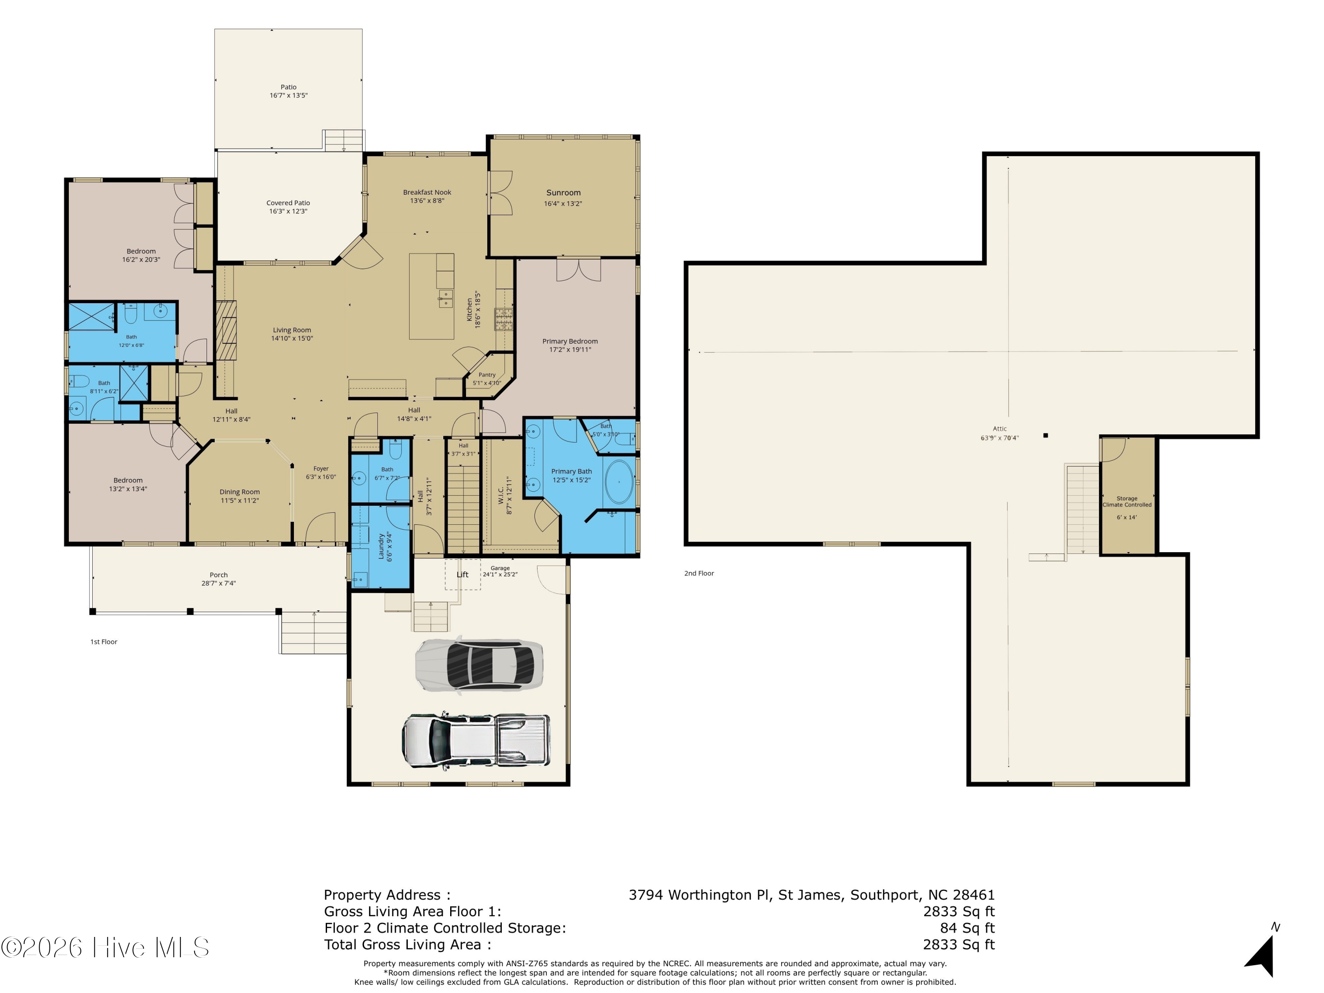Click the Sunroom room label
563,193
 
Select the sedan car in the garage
479,665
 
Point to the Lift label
463,575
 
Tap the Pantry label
487,375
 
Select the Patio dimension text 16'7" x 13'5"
289,95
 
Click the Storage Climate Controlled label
1127,502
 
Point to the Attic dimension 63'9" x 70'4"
1000,437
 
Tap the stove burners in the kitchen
504,320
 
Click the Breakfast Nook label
427,192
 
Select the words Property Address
383,895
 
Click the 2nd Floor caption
699,573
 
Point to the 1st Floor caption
104,642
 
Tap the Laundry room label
381,548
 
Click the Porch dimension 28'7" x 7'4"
218,583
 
